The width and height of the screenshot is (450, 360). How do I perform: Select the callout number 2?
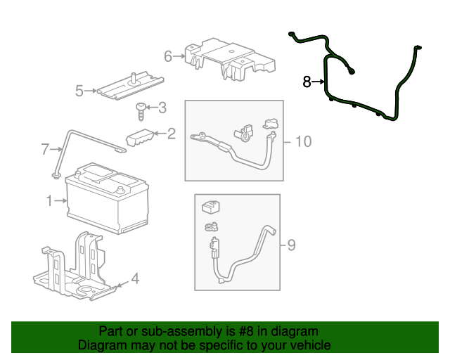pos(171,132)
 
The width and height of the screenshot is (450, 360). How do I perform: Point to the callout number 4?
pos(134,279)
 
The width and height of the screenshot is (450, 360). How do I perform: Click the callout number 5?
pos(79,90)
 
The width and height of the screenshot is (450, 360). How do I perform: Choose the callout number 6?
pos(168,56)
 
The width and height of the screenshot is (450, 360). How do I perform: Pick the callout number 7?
pos(45,149)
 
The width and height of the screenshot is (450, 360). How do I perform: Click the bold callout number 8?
pos(307,82)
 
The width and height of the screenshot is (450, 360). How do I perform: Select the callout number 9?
pos(291,245)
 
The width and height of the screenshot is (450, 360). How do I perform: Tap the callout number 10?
pos(302,142)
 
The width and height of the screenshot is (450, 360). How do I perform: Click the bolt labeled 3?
pos(141,110)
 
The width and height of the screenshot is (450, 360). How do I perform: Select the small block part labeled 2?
pos(140,138)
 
